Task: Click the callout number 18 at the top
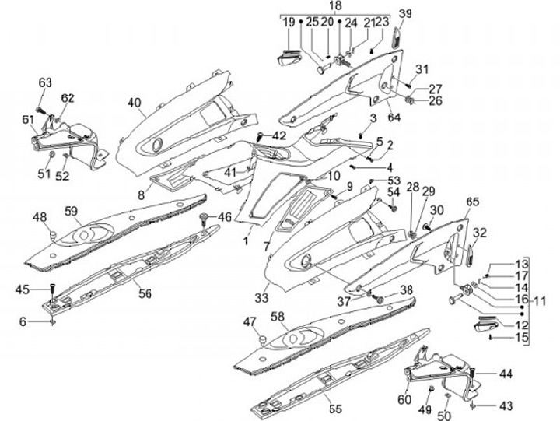(x=335, y=6)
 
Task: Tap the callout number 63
(x=44, y=82)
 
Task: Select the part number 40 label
(x=135, y=103)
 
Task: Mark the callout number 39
(x=404, y=13)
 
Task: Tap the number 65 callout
(x=472, y=202)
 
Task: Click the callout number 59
(x=72, y=210)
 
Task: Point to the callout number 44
(x=506, y=374)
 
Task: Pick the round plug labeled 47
(x=262, y=339)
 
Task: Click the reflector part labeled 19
(x=287, y=56)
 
